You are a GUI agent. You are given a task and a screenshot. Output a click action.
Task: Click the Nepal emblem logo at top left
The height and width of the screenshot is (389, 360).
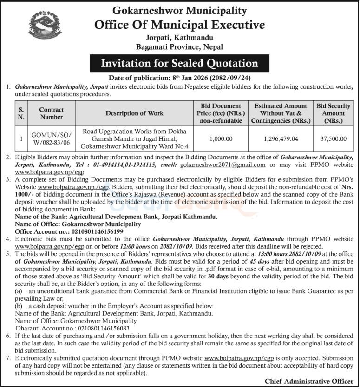click(44, 26)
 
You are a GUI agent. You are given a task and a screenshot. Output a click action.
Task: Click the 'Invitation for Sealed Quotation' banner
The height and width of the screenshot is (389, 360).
click(179, 63)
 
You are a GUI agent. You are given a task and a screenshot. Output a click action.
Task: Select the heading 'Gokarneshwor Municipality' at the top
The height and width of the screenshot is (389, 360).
click(179, 10)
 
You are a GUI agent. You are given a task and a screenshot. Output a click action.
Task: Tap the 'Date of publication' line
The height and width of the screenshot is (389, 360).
click(179, 78)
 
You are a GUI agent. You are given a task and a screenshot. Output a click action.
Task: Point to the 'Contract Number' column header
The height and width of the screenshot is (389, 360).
click(52, 113)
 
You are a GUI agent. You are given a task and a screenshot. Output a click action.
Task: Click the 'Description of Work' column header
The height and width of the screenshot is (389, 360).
click(135, 113)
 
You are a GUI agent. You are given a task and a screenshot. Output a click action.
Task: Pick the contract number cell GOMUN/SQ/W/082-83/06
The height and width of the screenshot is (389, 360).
click(52, 138)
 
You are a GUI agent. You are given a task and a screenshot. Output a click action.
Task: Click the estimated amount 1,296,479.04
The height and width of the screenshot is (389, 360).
click(280, 138)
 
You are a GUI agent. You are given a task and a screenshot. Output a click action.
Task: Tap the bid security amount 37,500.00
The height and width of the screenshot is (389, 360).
click(334, 138)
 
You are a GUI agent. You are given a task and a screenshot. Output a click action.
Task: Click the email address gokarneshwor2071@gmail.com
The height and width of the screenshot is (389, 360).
click(223, 165)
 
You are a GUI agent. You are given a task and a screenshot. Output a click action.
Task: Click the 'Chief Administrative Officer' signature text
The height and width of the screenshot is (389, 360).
click(308, 381)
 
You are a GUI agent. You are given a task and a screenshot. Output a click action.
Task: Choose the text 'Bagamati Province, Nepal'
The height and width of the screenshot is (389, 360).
click(179, 46)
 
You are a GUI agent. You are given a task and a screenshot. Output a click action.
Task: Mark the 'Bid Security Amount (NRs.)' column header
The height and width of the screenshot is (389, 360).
click(334, 113)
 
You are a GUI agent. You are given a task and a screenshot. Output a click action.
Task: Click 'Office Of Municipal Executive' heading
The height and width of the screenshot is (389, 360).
click(179, 24)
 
